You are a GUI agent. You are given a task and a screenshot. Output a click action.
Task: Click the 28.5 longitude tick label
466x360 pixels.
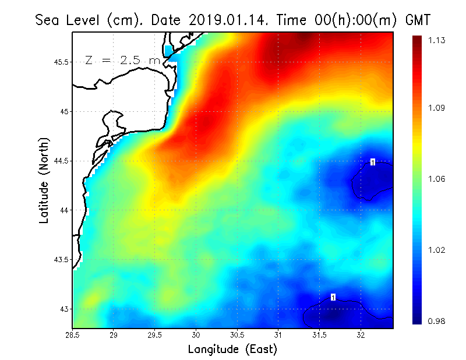click(x=72, y=335)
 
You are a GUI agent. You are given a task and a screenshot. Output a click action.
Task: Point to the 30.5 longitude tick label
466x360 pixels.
click(x=237, y=335)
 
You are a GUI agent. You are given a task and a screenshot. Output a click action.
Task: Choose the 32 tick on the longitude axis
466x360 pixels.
click(x=361, y=335)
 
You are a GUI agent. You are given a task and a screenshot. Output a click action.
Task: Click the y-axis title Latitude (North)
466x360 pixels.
click(x=44, y=181)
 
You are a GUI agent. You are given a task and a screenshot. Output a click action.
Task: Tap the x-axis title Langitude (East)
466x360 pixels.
click(x=232, y=350)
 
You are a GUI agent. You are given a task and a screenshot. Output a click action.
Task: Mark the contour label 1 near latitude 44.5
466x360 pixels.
click(x=372, y=162)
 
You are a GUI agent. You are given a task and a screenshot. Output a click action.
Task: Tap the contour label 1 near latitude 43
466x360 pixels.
click(x=333, y=297)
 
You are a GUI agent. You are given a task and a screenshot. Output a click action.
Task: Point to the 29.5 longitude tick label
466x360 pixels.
click(x=155, y=335)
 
